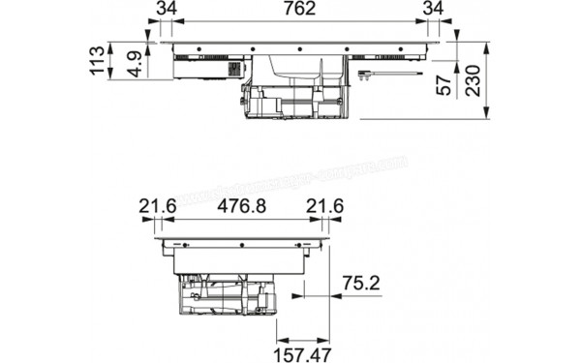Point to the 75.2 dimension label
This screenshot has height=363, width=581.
pos(363,283)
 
